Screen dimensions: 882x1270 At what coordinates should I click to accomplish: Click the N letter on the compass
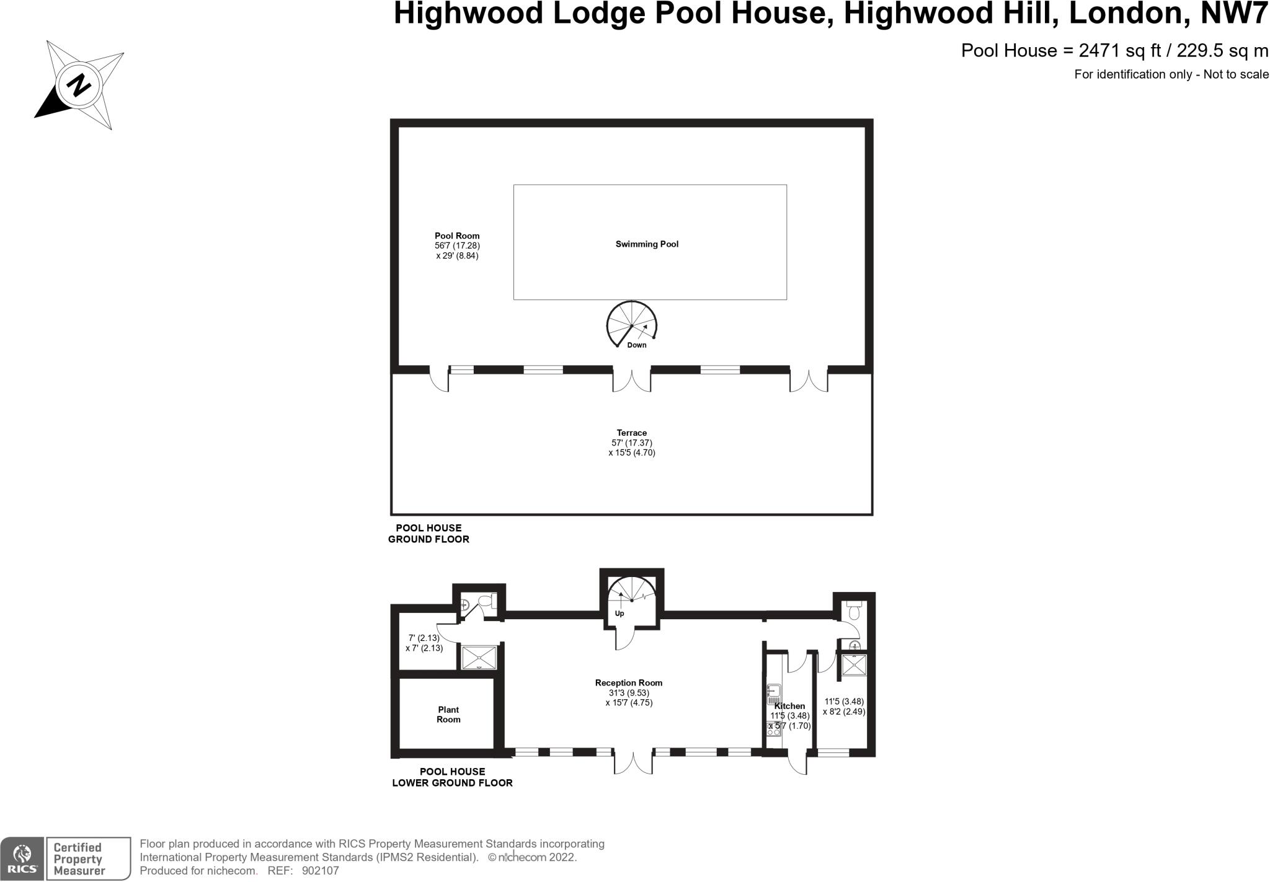(79, 86)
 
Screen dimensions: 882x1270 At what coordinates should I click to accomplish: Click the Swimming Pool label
(647, 244)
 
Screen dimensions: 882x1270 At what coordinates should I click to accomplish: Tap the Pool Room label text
(457, 236)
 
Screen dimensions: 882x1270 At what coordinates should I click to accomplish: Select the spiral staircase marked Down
(631, 325)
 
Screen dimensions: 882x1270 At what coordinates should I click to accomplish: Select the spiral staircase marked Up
(631, 599)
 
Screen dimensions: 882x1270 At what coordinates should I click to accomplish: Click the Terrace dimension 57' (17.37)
(631, 443)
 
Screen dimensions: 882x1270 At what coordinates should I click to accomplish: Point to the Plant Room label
(448, 715)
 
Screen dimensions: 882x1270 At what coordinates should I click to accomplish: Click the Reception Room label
(629, 683)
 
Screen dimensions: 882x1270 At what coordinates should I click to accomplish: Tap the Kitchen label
(789, 706)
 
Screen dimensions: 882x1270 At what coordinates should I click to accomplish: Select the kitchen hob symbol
(773, 729)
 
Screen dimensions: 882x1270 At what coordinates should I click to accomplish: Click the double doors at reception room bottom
(633, 762)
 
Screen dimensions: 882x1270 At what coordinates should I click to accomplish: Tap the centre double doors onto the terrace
(631, 381)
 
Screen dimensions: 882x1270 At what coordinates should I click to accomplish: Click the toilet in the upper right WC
(854, 611)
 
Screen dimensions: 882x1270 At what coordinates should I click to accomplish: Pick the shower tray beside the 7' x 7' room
(479, 658)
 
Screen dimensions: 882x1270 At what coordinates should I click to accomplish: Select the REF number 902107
(320, 871)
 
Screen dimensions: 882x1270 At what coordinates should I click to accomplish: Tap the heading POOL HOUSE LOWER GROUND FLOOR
(452, 777)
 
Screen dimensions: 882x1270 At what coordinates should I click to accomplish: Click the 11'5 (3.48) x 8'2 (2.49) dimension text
(843, 707)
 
